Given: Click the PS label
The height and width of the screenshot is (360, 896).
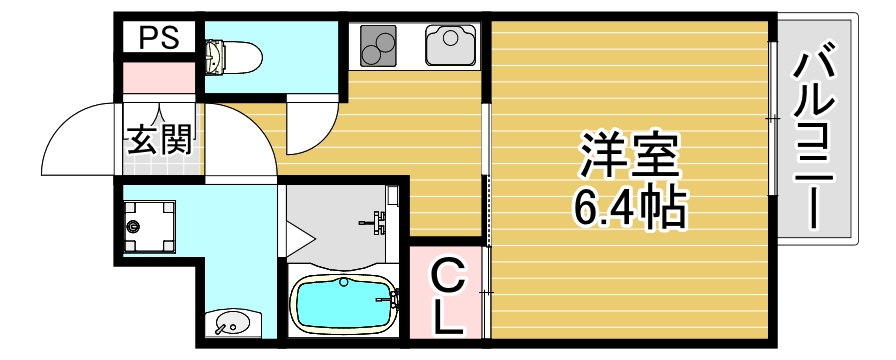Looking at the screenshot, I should (x=158, y=39).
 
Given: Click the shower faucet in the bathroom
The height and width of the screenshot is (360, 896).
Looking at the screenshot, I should (x=377, y=220).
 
